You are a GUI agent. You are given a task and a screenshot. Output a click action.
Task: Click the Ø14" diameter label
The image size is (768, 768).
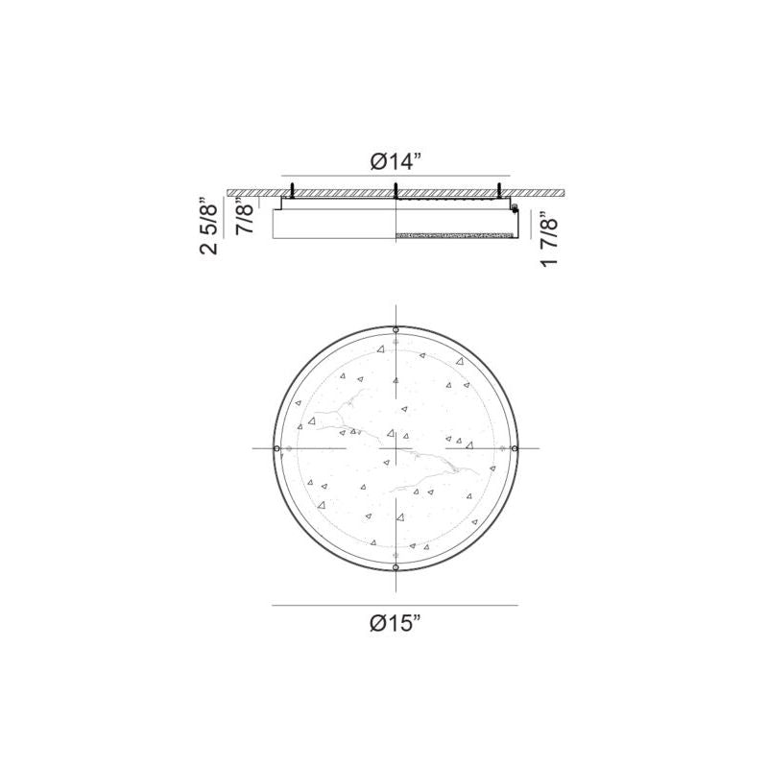pos(396,161)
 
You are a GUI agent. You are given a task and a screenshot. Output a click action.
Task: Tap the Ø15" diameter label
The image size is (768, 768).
pos(396,623)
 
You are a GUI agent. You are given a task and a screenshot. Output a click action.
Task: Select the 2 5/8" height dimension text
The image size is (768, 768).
pos(208,226)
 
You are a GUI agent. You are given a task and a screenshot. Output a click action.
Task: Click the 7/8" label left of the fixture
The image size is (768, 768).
pos(245,216)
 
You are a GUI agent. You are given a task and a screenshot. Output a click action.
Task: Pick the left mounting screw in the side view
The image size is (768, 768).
pos(293,190)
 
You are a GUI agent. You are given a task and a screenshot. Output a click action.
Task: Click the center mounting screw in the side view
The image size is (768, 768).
pos(396,190)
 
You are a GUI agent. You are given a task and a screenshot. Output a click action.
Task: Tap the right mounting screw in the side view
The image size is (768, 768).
pos(498,190)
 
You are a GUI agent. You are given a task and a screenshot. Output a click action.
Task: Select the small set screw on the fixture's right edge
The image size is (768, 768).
pos(515,208)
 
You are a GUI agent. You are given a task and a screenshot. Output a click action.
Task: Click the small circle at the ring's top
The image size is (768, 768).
pos(396,329)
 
